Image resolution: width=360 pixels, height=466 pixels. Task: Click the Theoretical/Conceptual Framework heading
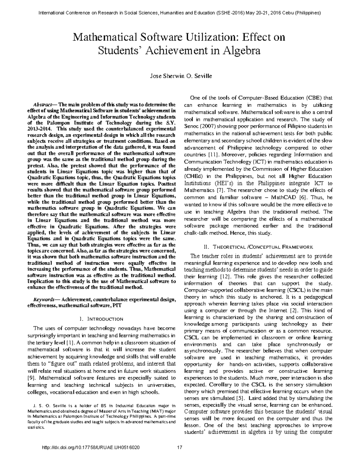click(258, 247)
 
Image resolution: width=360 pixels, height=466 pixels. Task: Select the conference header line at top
click(180, 13)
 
